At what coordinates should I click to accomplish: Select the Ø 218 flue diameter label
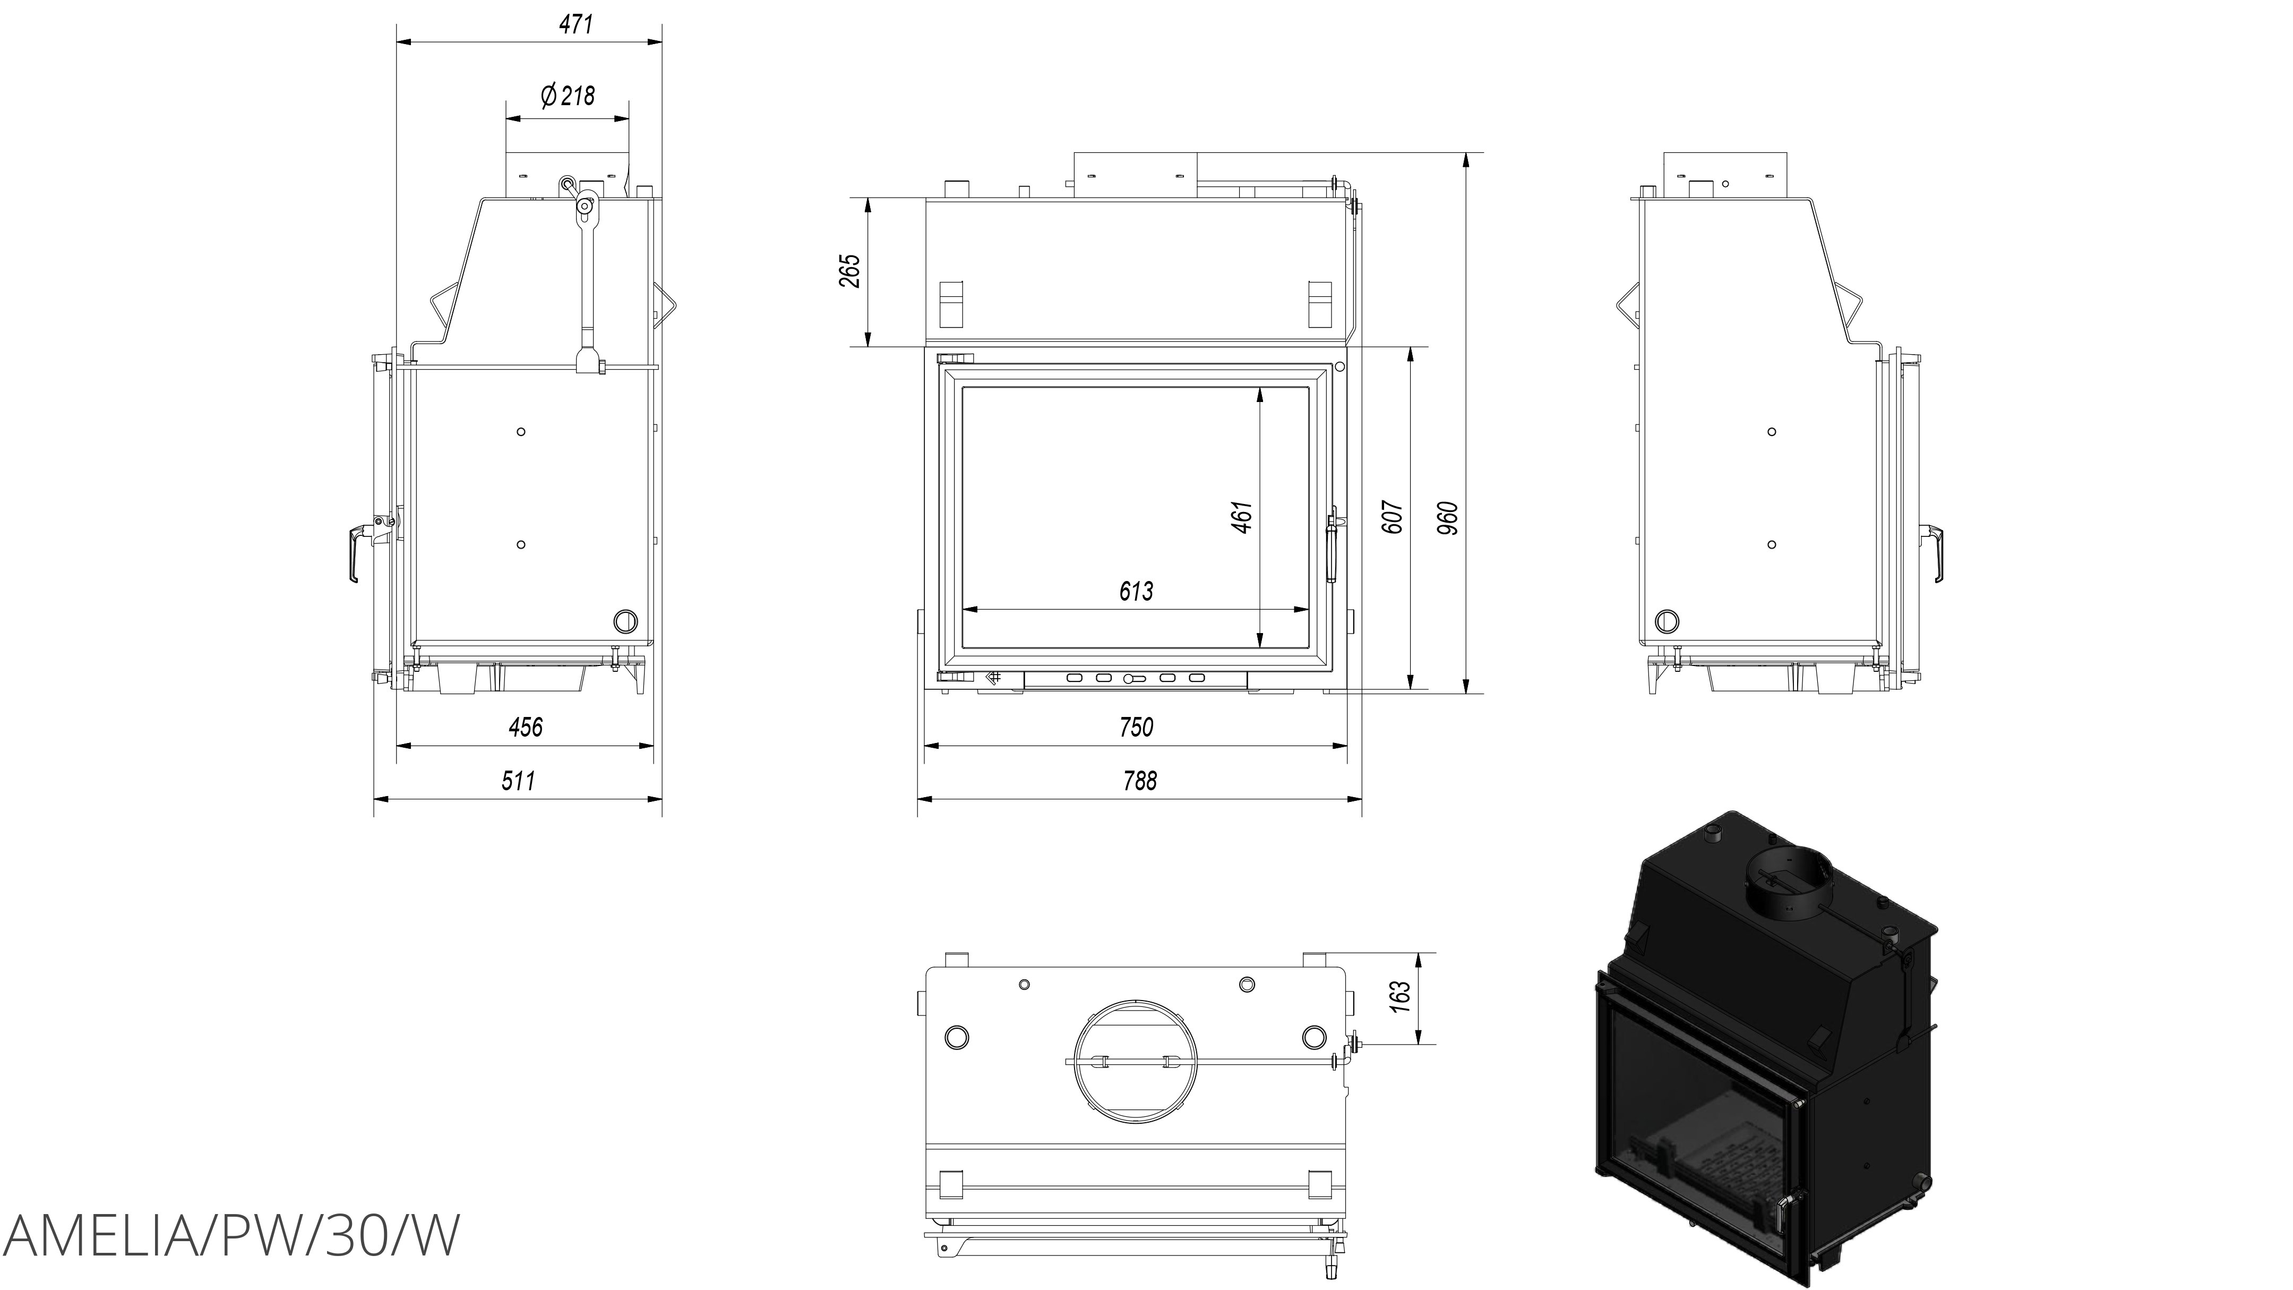568,95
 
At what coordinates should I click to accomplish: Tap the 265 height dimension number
850,271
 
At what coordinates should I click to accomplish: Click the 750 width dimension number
1136,728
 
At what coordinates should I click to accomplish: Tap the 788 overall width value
1139,781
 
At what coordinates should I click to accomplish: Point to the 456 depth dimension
525,728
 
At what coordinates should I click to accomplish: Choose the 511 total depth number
518,781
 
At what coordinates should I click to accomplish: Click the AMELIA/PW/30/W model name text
231,1236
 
